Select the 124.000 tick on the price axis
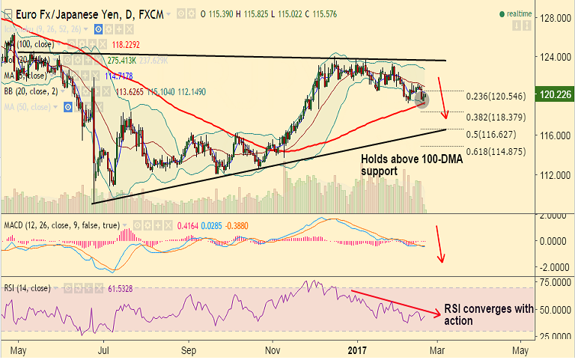pyautogui.click(x=556, y=57)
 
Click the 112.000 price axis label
pyautogui.click(x=556, y=175)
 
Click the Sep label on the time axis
pyautogui.click(x=189, y=349)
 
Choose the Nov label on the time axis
pyautogui.click(x=273, y=349)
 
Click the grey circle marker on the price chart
pyautogui.click(x=422, y=99)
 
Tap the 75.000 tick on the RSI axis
pyautogui.click(x=556, y=282)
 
